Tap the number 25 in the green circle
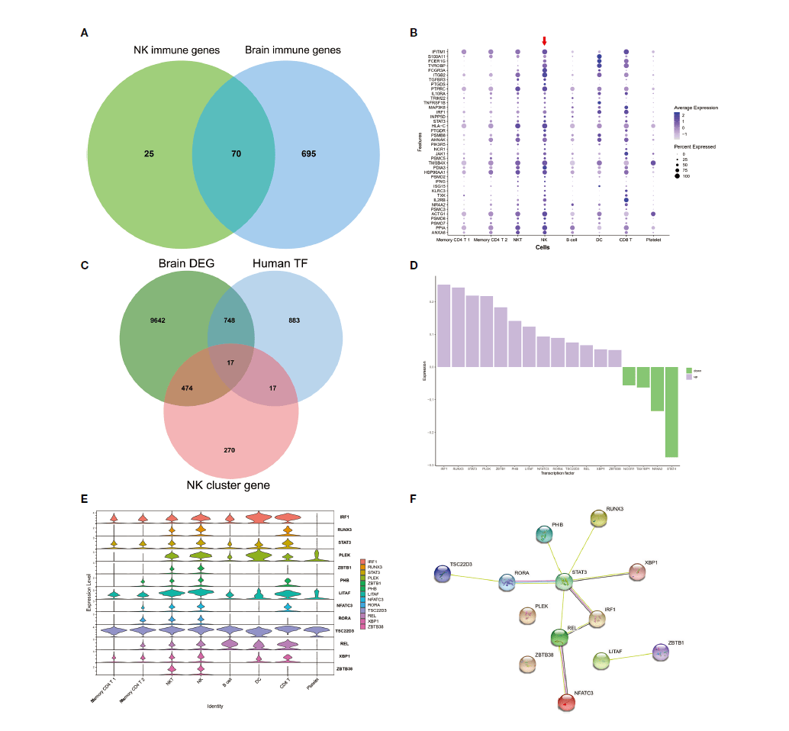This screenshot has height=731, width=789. click(150, 153)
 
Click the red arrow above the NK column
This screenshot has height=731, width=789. click(544, 41)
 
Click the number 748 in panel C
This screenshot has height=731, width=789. click(229, 320)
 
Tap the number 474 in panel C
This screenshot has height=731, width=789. click(186, 388)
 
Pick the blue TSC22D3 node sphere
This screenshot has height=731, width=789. click(443, 575)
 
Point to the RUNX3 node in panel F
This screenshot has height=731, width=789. click(599, 518)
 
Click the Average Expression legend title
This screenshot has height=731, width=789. click(696, 108)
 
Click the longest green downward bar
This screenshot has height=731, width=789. click(671, 412)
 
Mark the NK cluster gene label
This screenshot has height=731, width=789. click(230, 484)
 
